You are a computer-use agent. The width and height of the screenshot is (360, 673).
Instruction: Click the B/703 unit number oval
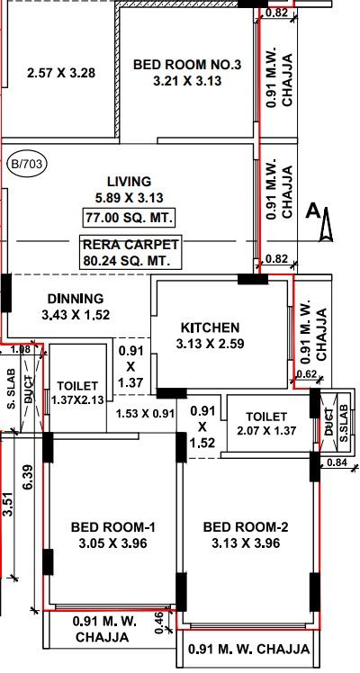28,164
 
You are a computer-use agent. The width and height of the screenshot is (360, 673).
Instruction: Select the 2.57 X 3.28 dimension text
61,73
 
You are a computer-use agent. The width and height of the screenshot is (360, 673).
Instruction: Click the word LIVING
130,182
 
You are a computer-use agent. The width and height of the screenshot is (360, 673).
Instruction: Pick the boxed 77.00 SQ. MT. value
130,218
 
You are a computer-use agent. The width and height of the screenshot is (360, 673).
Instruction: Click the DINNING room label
76,299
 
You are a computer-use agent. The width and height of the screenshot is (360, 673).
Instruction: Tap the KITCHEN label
211,328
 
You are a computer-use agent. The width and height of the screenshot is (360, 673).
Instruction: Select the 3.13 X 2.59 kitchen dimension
211,344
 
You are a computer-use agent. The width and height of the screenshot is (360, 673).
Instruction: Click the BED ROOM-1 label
113,527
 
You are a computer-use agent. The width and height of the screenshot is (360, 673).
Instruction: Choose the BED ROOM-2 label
246,527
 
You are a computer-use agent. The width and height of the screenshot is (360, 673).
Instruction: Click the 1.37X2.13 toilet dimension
77,400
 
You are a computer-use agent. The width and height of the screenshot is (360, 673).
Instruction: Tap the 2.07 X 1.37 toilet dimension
266,430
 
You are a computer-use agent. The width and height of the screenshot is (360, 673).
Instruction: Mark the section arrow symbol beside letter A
327,224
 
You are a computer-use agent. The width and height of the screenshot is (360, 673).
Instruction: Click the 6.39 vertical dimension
28,477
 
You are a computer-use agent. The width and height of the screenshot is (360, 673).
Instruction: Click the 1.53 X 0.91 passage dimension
146,414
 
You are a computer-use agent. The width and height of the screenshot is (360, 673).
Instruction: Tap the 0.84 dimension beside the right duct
336,462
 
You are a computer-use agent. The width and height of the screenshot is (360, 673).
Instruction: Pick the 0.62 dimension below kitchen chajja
305,374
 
